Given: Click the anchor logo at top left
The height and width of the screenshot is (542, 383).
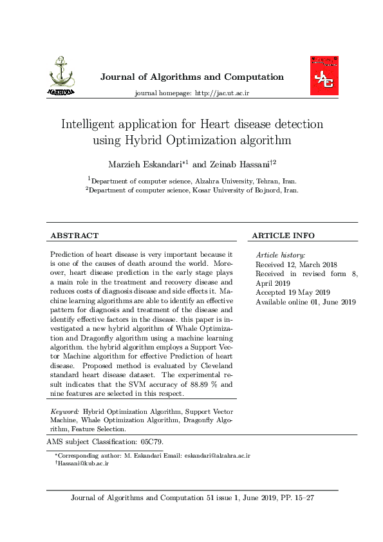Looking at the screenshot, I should pyautogui.click(x=61, y=77).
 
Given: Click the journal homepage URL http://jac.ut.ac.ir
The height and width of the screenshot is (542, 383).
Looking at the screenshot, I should pyautogui.click(x=221, y=93).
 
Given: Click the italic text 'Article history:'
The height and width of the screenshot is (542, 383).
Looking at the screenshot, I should pyautogui.click(x=281, y=256).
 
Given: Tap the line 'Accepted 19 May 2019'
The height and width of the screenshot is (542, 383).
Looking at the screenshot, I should pyautogui.click(x=293, y=292).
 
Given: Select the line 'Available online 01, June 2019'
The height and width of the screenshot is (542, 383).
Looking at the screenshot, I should pyautogui.click(x=306, y=302).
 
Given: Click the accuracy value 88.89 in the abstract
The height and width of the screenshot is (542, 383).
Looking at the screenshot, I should pyautogui.click(x=194, y=384).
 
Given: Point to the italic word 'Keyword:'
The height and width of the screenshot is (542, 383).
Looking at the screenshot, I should pyautogui.click(x=64, y=411).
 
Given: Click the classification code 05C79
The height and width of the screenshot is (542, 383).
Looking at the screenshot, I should pyautogui.click(x=151, y=442).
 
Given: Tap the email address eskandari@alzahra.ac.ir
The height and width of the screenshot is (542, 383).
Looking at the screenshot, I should pyautogui.click(x=217, y=456).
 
